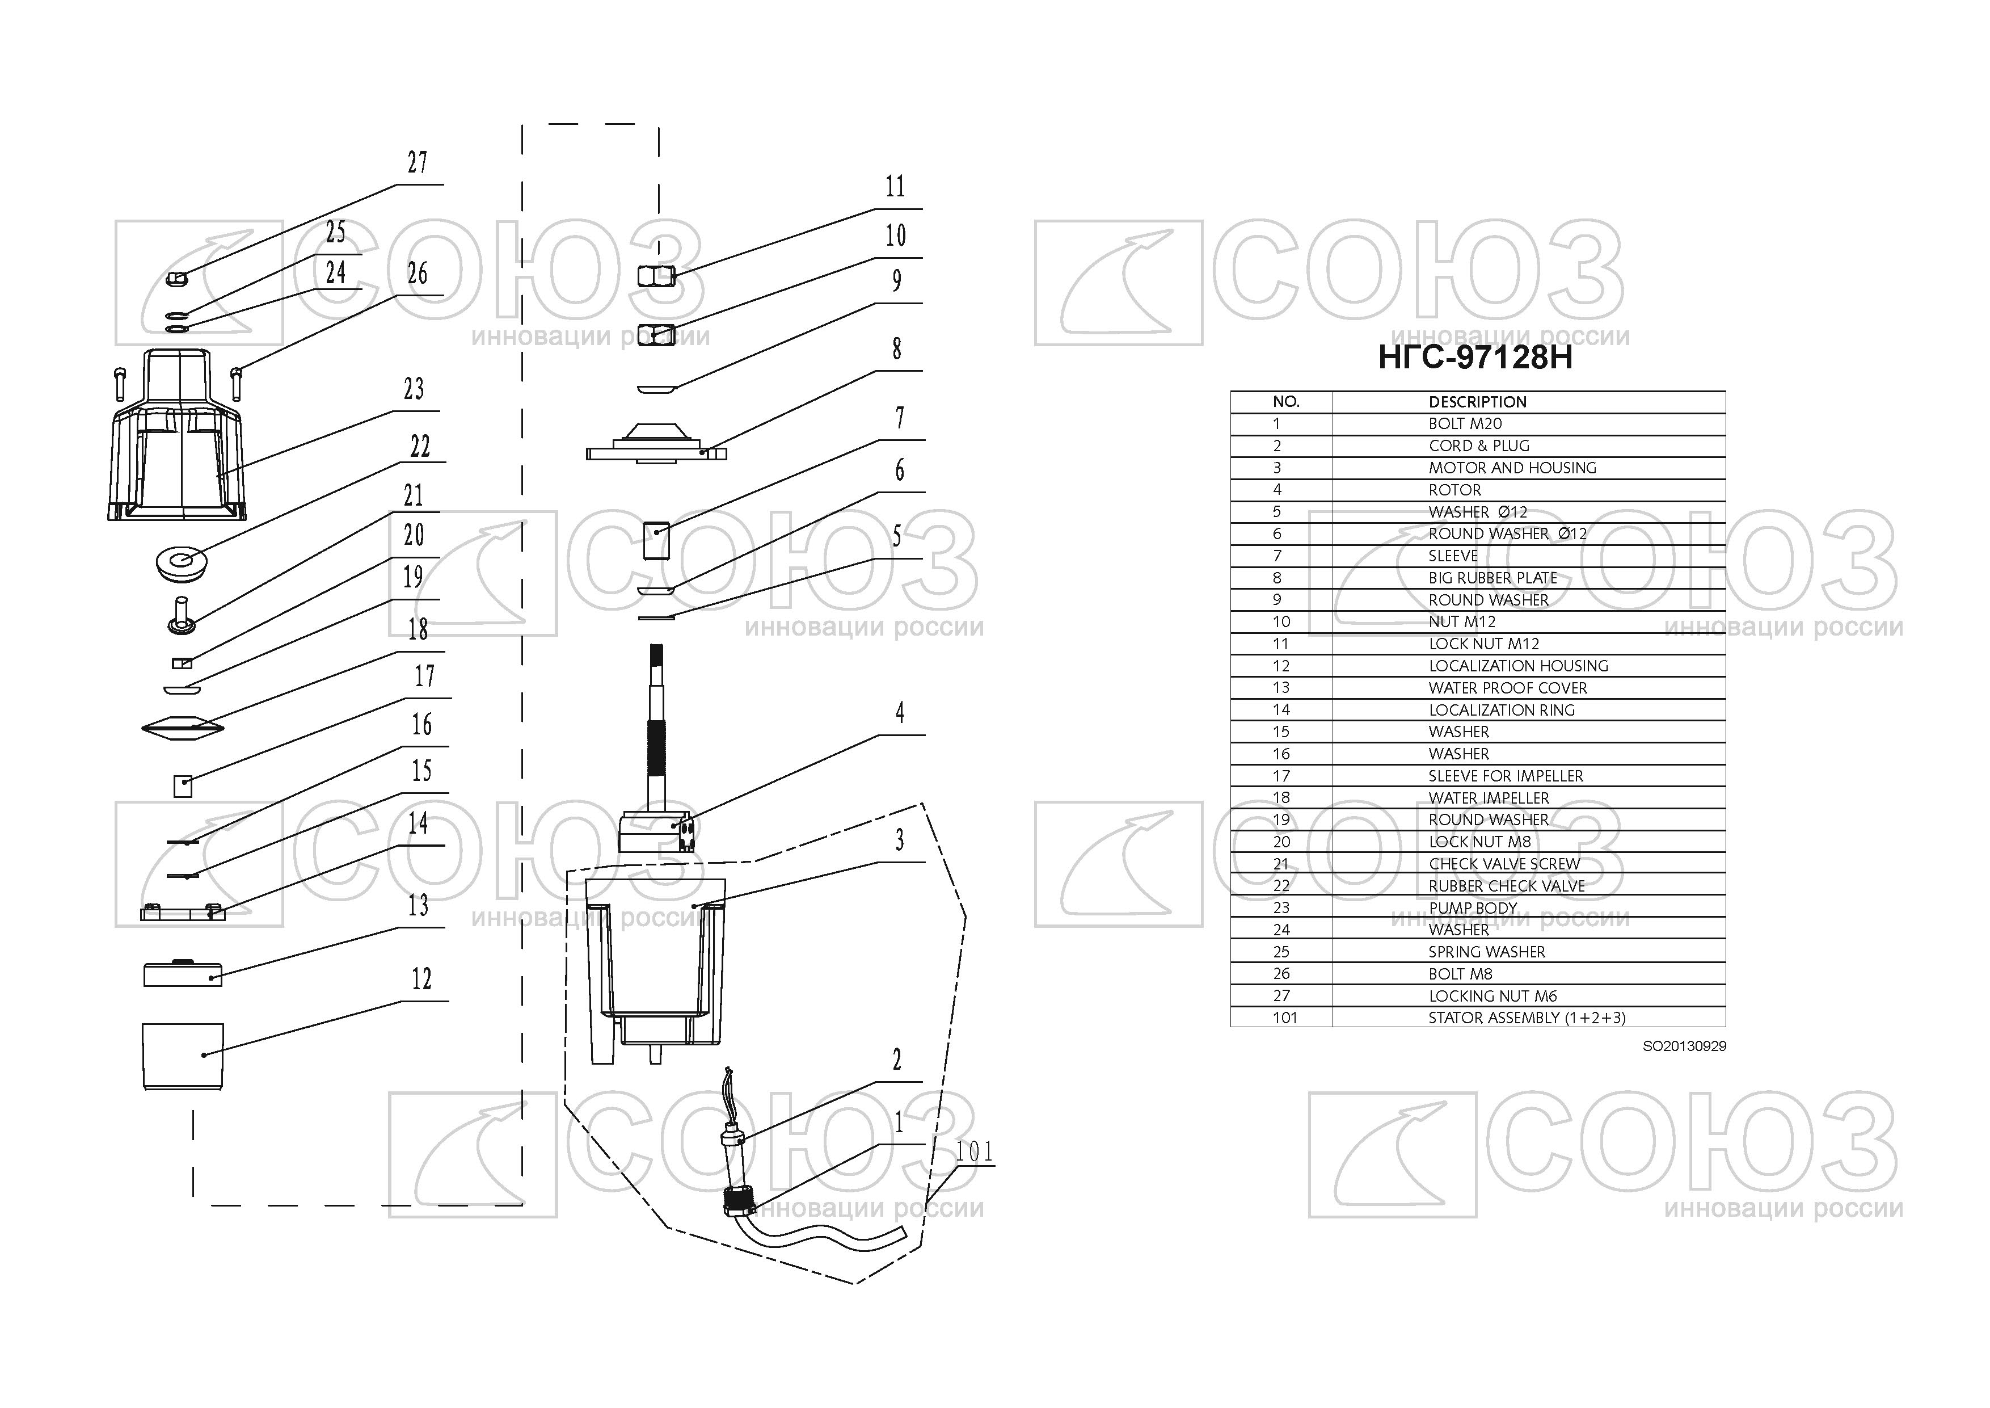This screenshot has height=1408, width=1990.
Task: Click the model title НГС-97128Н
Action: (x=1474, y=357)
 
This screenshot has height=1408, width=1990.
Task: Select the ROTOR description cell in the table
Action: (x=1454, y=490)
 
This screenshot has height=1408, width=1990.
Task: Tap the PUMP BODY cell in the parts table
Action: (x=1473, y=908)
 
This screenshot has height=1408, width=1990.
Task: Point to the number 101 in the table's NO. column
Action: (x=1284, y=1018)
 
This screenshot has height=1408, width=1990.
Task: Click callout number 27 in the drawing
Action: (x=417, y=162)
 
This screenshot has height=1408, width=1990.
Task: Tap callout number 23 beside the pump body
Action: (x=414, y=388)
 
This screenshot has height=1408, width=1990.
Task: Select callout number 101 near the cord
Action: (x=973, y=1151)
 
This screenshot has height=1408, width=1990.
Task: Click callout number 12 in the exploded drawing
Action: (x=421, y=979)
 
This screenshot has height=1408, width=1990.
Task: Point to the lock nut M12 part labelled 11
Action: (x=656, y=276)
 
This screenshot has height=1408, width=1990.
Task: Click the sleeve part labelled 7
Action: (x=657, y=541)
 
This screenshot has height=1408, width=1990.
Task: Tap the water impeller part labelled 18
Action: (x=182, y=726)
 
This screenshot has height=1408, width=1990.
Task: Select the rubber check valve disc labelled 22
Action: (x=180, y=562)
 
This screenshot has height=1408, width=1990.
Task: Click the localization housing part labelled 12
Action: (x=182, y=1056)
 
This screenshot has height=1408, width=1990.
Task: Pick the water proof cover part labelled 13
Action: (x=182, y=974)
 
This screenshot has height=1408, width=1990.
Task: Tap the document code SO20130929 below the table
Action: (x=1684, y=1046)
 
